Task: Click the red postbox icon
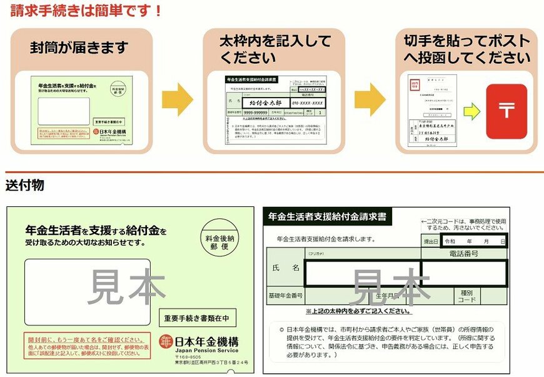[x=506, y=111]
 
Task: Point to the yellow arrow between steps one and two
[x=178, y=99]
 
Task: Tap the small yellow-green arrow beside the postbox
[x=472, y=112]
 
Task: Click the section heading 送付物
[x=24, y=186]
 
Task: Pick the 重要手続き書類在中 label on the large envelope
[x=197, y=318]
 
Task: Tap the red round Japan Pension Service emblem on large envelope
[x=165, y=341]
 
